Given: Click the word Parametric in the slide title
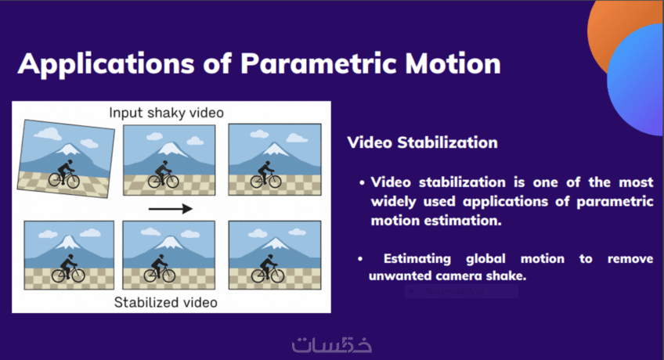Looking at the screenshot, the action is [319, 64].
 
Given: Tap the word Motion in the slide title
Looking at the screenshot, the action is [453, 64].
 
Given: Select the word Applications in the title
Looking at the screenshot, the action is [106, 65].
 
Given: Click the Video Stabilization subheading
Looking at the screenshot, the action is [422, 142].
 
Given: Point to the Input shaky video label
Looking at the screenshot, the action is [166, 113].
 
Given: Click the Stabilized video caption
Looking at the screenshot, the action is [165, 302].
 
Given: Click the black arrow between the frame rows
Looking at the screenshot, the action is [171, 208].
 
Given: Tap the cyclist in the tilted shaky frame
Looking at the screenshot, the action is [64, 175].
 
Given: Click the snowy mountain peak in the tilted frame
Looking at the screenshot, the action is [69, 149].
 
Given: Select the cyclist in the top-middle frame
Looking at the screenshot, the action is [164, 175].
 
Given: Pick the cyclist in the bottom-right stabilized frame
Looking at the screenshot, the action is [267, 269].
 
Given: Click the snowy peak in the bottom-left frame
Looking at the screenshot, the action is [68, 243].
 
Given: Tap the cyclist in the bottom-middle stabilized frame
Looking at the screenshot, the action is [160, 268].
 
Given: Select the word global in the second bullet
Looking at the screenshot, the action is [485, 258].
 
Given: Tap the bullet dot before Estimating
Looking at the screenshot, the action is [360, 258].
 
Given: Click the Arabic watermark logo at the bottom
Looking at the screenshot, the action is [331, 344].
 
